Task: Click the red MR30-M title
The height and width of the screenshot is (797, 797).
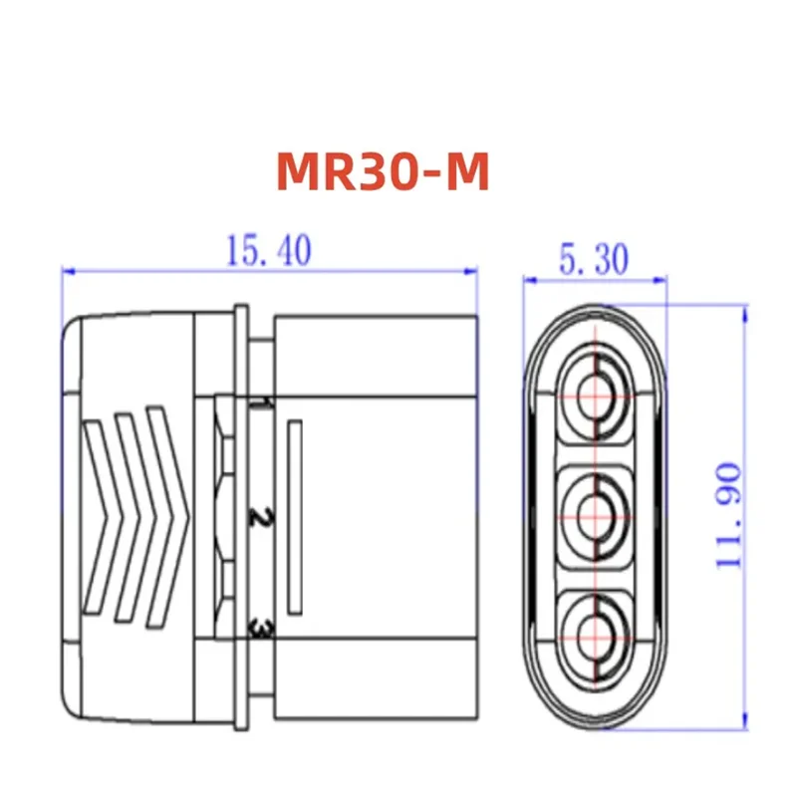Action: pos(384,172)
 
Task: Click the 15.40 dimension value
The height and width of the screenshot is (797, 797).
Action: pos(268,251)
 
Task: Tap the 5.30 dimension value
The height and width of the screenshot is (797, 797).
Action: pos(593,261)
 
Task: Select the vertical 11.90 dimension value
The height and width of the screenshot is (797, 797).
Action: pos(730,515)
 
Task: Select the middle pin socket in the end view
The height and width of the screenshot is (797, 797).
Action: pos(597,516)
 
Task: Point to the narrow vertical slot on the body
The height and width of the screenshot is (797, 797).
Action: pos(294,518)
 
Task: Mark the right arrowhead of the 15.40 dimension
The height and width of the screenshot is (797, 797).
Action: pos(471,270)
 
